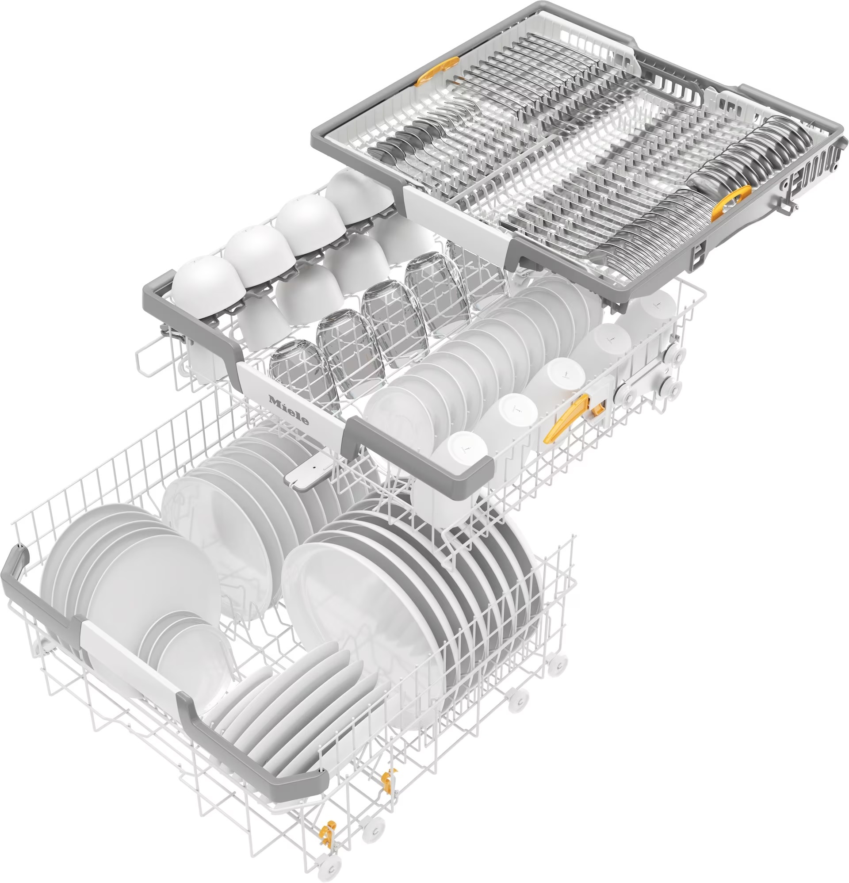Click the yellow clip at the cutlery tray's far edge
(x=437, y=72)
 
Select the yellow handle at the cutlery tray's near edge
(x=730, y=203)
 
